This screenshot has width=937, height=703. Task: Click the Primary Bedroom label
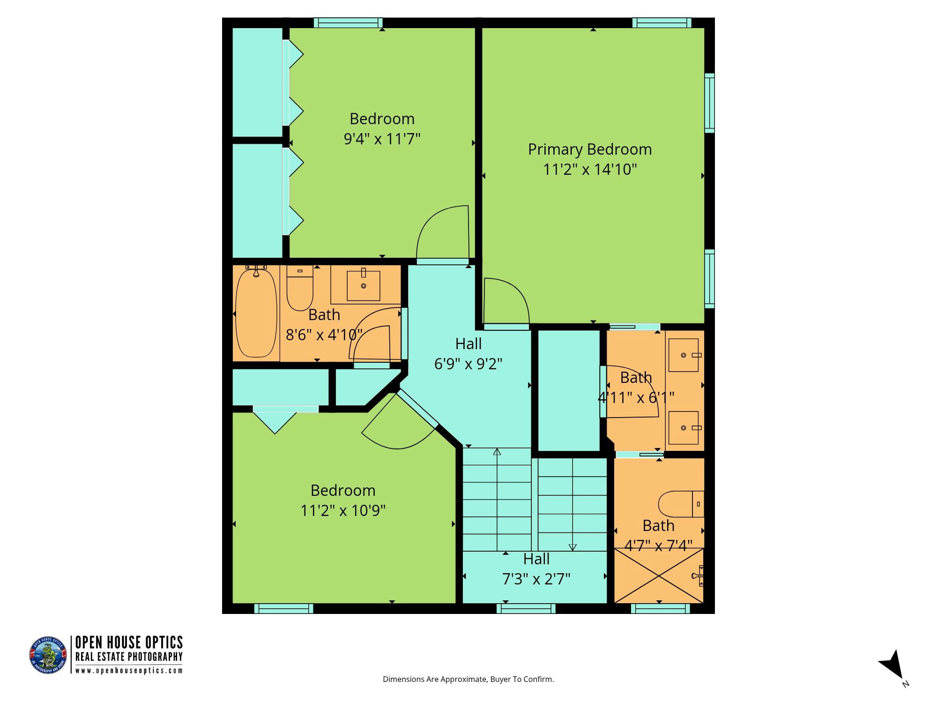coord(590,150)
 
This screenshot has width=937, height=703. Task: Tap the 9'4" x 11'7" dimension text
coord(382,139)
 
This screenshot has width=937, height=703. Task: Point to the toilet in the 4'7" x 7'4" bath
coord(681,504)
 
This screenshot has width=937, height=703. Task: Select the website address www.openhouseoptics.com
coord(129,671)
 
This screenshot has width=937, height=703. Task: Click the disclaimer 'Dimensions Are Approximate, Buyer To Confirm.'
coord(468,679)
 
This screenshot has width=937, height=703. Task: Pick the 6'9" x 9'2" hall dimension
coord(468,364)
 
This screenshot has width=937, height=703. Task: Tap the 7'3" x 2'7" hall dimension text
coord(536,580)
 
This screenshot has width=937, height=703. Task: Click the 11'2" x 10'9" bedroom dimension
coord(343,510)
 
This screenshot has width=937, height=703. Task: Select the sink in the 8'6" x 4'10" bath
coord(364,285)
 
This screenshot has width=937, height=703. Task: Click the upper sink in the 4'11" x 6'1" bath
coord(684,355)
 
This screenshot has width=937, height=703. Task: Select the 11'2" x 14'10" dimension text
coord(590,170)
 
